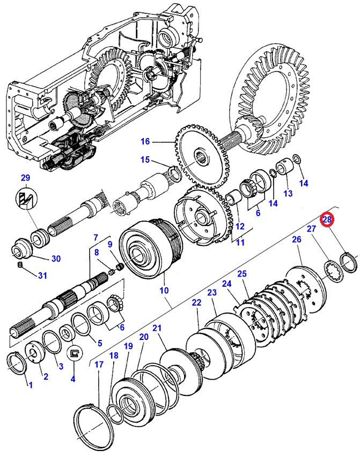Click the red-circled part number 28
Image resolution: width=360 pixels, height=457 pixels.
(x=327, y=219)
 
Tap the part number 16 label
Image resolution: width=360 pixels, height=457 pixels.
(x=145, y=142)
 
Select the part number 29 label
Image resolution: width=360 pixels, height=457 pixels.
(x=26, y=178)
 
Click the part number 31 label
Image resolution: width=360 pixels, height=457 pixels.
(x=42, y=275)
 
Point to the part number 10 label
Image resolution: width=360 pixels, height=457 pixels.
(x=164, y=291)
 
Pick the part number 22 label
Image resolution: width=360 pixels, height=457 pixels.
(x=196, y=302)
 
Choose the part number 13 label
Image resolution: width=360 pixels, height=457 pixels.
(x=288, y=193)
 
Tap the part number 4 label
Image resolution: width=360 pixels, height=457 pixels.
(x=73, y=379)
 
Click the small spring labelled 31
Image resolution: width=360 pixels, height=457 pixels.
(x=20, y=265)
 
